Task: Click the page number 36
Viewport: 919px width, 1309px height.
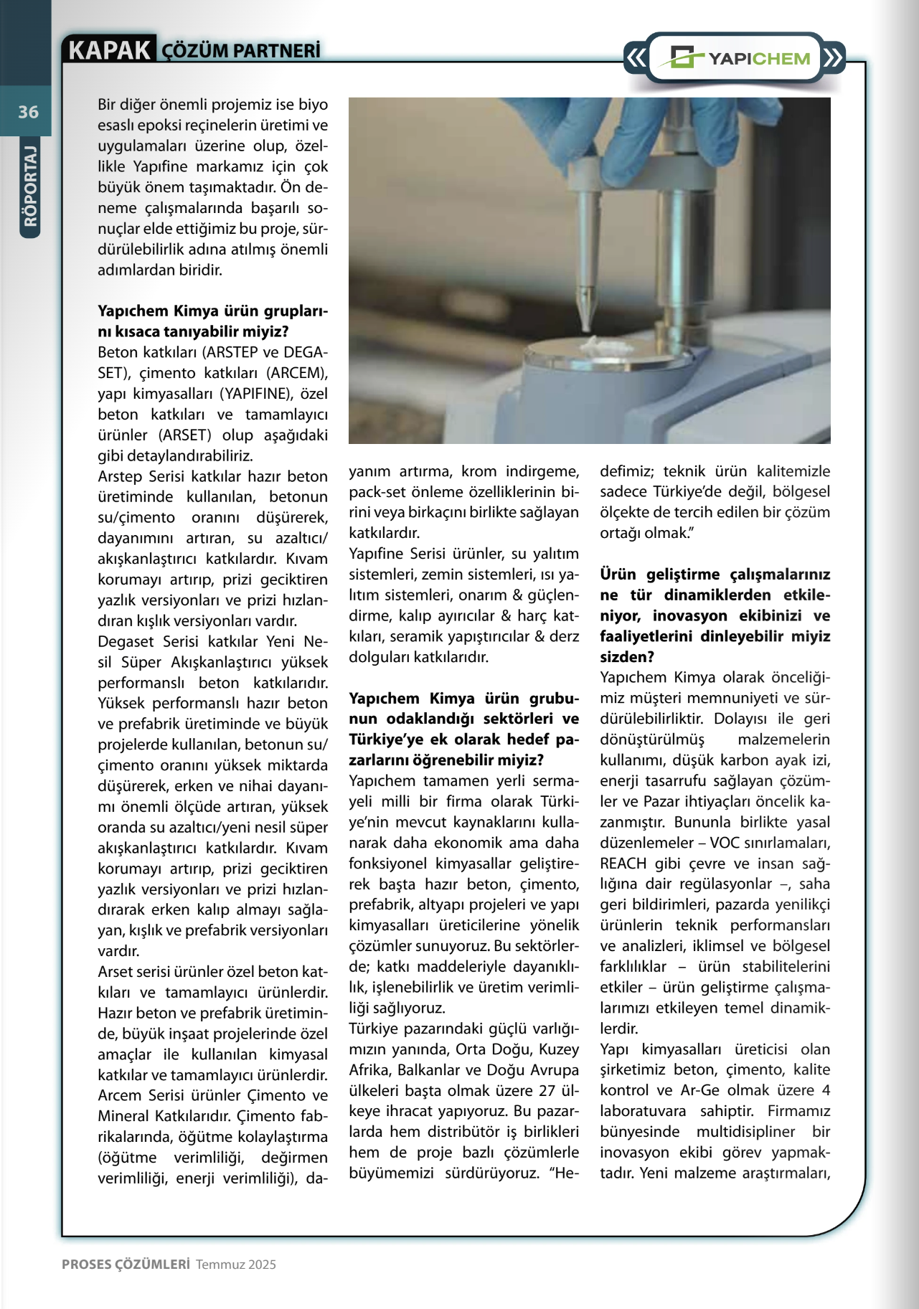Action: click(x=28, y=111)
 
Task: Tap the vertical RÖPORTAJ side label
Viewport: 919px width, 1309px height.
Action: click(x=29, y=186)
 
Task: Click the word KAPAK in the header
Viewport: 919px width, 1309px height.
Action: click(x=109, y=50)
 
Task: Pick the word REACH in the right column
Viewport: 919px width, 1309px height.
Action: click(x=623, y=864)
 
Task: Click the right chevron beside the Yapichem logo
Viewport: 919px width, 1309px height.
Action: click(x=832, y=58)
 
